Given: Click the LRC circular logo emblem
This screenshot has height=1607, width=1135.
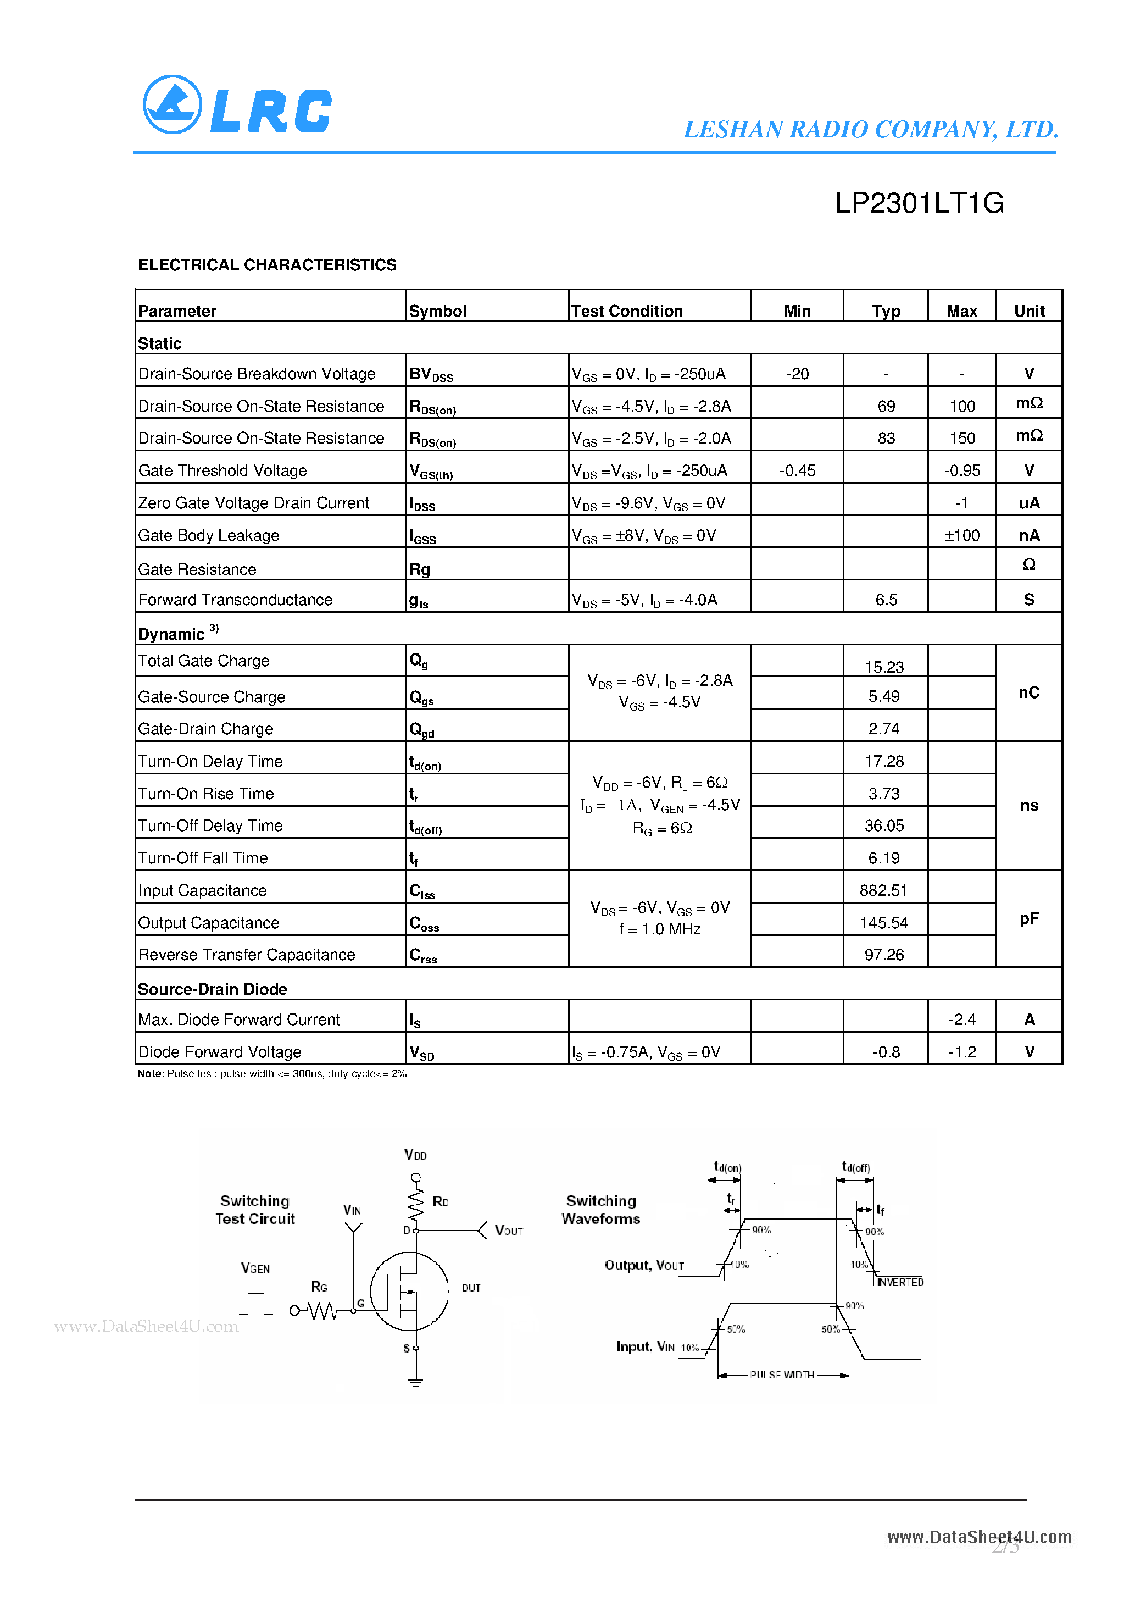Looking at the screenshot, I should (172, 104).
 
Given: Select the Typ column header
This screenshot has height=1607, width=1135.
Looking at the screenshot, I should (886, 311).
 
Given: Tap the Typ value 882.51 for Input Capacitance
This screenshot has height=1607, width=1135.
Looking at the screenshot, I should (884, 890).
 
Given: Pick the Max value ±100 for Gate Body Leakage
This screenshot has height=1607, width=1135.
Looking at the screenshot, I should (961, 535).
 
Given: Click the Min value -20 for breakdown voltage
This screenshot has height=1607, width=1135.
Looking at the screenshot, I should (797, 374).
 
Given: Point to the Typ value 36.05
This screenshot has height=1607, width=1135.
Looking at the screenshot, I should (884, 826).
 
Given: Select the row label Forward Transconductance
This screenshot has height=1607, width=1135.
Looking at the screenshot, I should (235, 600).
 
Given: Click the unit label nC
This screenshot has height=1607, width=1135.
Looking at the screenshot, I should (1028, 693).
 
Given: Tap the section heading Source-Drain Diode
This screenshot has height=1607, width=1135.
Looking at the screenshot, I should (212, 989).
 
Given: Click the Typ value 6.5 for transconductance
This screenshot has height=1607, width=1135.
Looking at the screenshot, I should (886, 600).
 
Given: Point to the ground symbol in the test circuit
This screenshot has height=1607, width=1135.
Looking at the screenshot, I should (416, 1382).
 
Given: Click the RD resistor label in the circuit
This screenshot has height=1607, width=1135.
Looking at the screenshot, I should (440, 1202).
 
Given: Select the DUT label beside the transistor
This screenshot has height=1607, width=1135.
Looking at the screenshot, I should (471, 1288).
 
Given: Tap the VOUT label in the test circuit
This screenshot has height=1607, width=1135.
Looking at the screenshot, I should (508, 1231).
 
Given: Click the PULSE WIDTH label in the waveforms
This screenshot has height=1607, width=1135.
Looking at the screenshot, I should (782, 1375).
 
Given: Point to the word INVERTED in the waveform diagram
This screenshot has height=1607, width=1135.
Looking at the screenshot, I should (900, 1282).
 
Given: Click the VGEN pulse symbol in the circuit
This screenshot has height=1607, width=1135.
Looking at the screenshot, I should (255, 1304).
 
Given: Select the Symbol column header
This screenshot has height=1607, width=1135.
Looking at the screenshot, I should (437, 311).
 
